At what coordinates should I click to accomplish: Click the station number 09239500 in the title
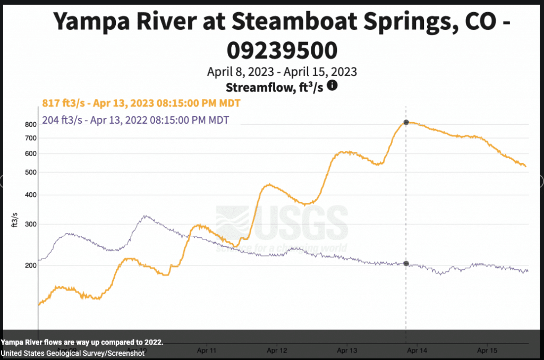point(282,50)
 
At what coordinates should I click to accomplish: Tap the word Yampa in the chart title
point(91,22)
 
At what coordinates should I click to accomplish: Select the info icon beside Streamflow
point(333,85)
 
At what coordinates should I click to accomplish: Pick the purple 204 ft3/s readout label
point(135,120)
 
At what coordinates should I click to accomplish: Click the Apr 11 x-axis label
point(206,350)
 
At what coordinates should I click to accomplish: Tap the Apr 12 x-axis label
point(276,350)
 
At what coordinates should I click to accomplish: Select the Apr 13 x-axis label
point(347,350)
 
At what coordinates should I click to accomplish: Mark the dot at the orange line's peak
point(406,122)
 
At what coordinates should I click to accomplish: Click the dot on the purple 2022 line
point(406,263)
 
